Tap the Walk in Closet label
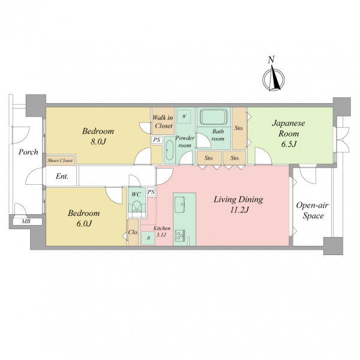point(163,122)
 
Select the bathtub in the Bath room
point(213,117)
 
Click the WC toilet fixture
point(137,207)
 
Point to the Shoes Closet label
point(59,160)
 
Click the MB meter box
point(26,221)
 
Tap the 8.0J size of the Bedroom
point(98,142)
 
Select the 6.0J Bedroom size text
point(84,224)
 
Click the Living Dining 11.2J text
point(238,205)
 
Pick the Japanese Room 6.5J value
point(289,144)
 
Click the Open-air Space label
point(313,211)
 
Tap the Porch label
point(28,152)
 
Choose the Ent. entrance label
point(62,176)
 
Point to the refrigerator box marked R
point(148,238)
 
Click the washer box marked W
point(184,116)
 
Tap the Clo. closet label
point(133,232)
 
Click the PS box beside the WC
point(151,192)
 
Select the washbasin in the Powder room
point(169,150)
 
